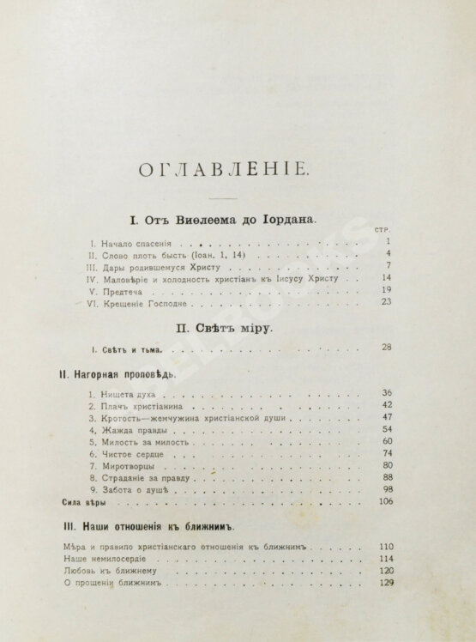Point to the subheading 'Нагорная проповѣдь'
coord(112,375)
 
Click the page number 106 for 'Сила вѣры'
coord(384,501)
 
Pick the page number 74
coord(387,452)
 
